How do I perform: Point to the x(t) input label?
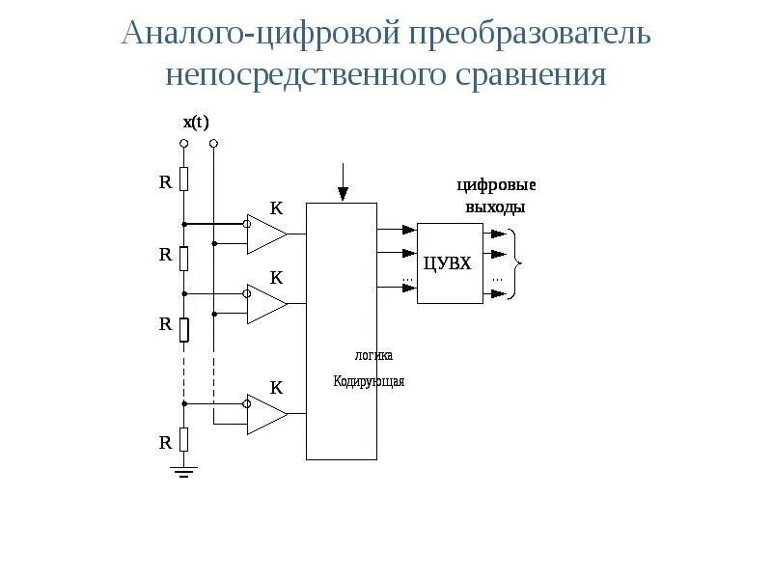(196, 122)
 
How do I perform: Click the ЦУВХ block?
(449, 262)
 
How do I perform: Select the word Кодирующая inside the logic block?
(369, 381)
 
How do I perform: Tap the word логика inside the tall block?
(373, 355)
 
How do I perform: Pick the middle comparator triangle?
(266, 304)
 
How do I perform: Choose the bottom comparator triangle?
(266, 414)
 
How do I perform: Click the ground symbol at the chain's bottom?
(184, 471)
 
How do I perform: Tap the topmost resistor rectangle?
(184, 179)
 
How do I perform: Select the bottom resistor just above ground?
(184, 441)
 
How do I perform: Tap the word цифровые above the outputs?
(496, 185)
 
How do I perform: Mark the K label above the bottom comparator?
(276, 388)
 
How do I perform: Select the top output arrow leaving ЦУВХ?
(494, 234)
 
